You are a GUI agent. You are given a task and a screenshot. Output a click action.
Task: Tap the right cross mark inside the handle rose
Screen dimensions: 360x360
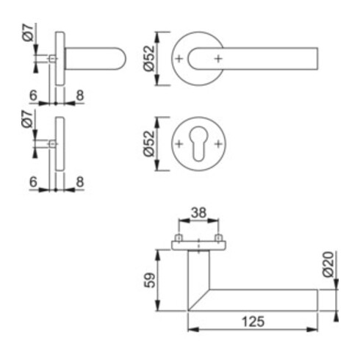tap(217, 58)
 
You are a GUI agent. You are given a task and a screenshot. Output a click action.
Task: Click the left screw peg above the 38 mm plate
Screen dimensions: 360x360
tap(178, 239)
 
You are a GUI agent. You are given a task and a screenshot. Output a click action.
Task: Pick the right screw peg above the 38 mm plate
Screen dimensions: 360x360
tap(218, 239)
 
